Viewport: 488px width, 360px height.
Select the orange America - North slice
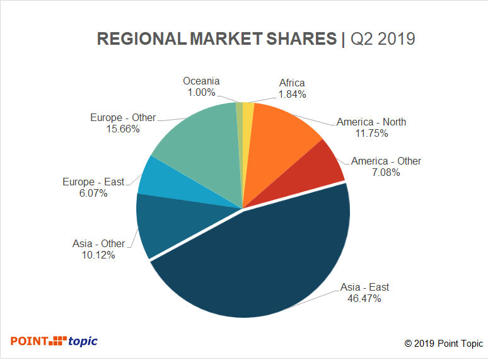[281, 139]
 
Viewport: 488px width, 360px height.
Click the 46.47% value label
[364, 298]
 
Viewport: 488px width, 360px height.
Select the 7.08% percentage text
[386, 172]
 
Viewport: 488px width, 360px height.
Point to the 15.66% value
[123, 129]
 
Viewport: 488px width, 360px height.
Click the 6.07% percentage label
[93, 193]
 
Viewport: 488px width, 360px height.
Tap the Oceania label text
[201, 81]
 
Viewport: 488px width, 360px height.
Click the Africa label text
[292, 83]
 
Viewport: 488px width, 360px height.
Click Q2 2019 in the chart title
[382, 39]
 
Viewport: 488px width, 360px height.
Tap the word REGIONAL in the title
[141, 39]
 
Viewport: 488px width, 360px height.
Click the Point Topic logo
[54, 341]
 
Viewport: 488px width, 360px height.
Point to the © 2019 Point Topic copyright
[443, 344]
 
